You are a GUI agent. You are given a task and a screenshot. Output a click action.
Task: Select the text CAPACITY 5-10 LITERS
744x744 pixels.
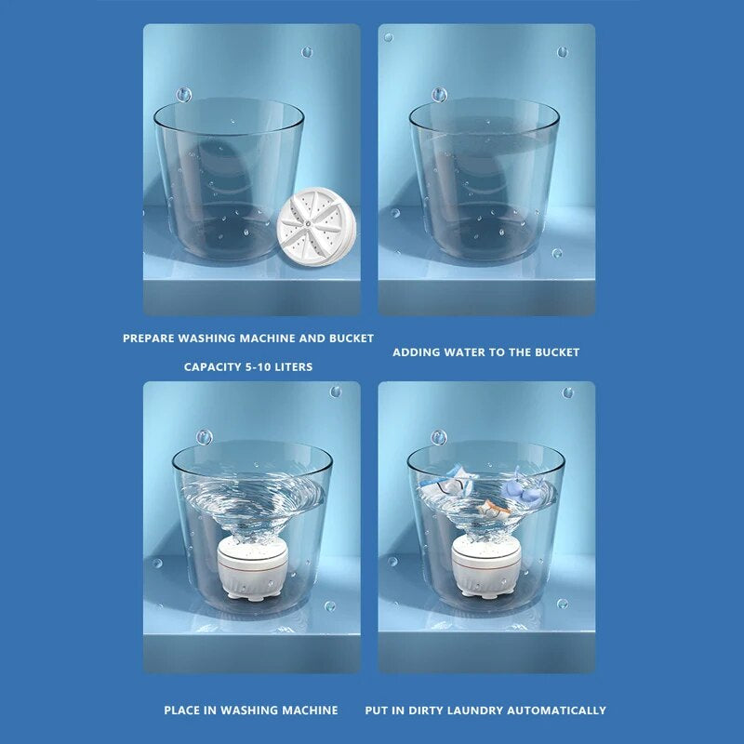click(x=248, y=367)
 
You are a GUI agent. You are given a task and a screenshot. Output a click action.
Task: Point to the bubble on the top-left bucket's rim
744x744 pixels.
click(x=183, y=95)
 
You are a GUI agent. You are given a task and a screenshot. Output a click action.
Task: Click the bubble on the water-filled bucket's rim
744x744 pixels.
click(x=439, y=95)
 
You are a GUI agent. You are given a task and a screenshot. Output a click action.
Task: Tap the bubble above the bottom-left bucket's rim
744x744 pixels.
click(x=204, y=436)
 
